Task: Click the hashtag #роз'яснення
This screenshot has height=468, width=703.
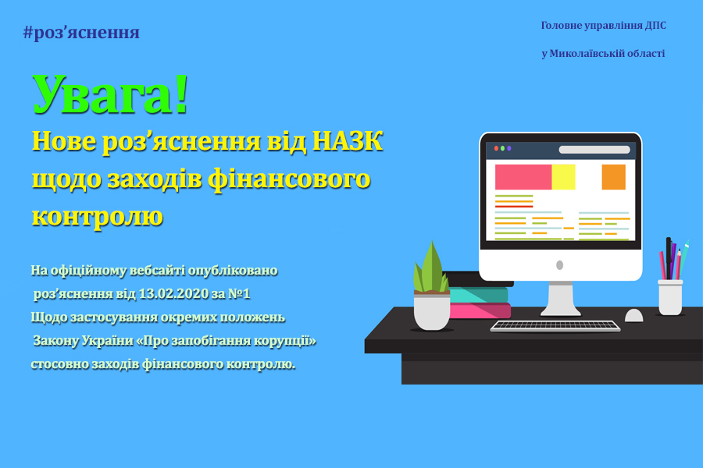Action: pyautogui.click(x=81, y=33)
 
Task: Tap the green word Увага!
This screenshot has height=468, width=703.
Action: pyautogui.click(x=110, y=95)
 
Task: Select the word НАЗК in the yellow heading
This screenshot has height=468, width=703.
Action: pyautogui.click(x=348, y=141)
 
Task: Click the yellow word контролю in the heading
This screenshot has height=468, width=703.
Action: pyautogui.click(x=98, y=217)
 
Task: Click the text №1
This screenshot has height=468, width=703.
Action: pyautogui.click(x=239, y=294)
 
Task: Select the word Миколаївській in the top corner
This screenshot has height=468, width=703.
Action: pyautogui.click(x=585, y=54)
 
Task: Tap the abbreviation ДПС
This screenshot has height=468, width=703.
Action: pyautogui.click(x=655, y=26)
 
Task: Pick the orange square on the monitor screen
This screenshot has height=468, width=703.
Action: pyautogui.click(x=613, y=177)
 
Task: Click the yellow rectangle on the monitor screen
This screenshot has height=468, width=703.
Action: pyautogui.click(x=563, y=177)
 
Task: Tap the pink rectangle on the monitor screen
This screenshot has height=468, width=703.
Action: pyautogui.click(x=523, y=177)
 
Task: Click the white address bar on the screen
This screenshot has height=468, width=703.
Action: pyautogui.click(x=594, y=150)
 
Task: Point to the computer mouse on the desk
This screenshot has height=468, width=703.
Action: pyautogui.click(x=634, y=316)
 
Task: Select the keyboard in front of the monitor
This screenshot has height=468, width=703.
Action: pyautogui.click(x=555, y=326)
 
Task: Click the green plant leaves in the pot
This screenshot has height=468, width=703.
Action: pyautogui.click(x=431, y=268)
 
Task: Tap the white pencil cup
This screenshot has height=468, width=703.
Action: pyautogui.click(x=670, y=297)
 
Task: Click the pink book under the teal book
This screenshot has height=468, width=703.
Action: pyautogui.click(x=480, y=310)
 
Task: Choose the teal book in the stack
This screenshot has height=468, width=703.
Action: pyautogui.click(x=478, y=295)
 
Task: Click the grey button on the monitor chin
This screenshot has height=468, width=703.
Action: pyautogui.click(x=559, y=265)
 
